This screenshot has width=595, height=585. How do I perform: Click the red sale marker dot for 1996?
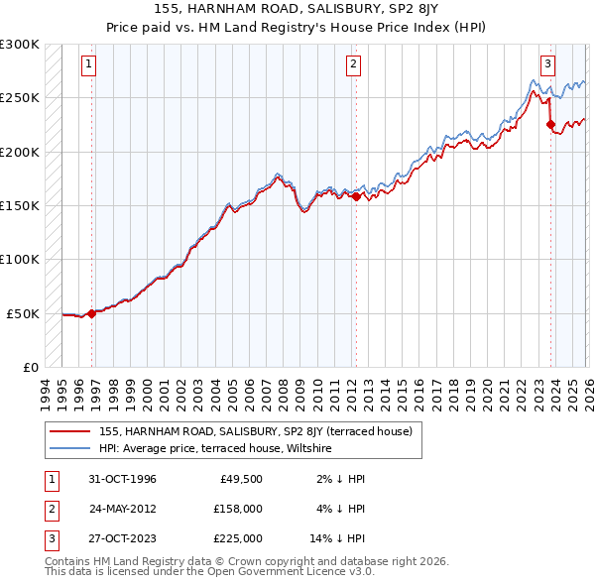(92, 313)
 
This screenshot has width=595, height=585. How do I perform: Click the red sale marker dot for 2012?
(356, 196)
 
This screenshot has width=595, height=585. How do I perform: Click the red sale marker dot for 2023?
(550, 124)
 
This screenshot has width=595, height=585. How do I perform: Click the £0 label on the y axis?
(29, 367)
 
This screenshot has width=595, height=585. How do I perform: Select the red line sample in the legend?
(69, 431)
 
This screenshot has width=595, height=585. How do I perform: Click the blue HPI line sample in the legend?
(69, 448)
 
